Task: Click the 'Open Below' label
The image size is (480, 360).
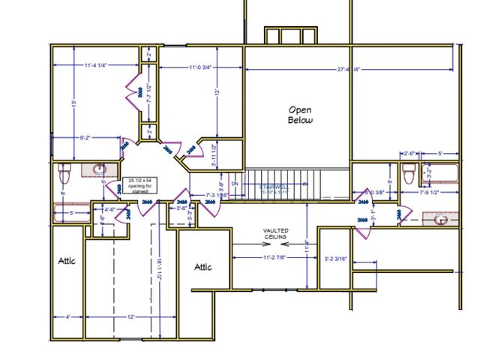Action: click(x=300, y=114)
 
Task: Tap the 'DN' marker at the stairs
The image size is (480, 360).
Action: click(x=234, y=184)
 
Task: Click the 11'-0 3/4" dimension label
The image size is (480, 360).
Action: click(x=189, y=67)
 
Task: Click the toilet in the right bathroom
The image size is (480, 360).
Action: click(x=408, y=175)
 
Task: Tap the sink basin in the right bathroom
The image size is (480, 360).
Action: click(x=442, y=220)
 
